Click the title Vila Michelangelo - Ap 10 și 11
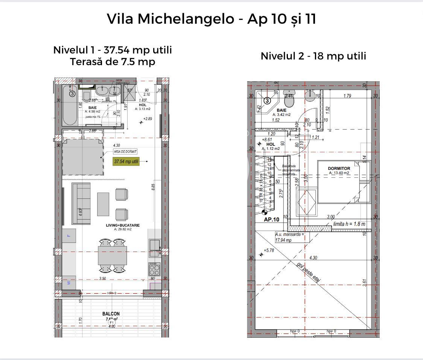click(x=211, y=19)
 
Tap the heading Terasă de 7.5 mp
click(x=112, y=62)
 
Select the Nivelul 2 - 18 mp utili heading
click(x=313, y=56)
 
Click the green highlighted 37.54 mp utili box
click(x=126, y=162)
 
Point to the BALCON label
click(x=111, y=314)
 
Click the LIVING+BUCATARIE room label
click(x=123, y=225)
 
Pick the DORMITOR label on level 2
click(x=339, y=169)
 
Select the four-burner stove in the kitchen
click(x=154, y=270)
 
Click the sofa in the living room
click(x=81, y=203)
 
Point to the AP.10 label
click(x=271, y=220)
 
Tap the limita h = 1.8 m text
click(x=349, y=224)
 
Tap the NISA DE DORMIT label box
click(x=125, y=151)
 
